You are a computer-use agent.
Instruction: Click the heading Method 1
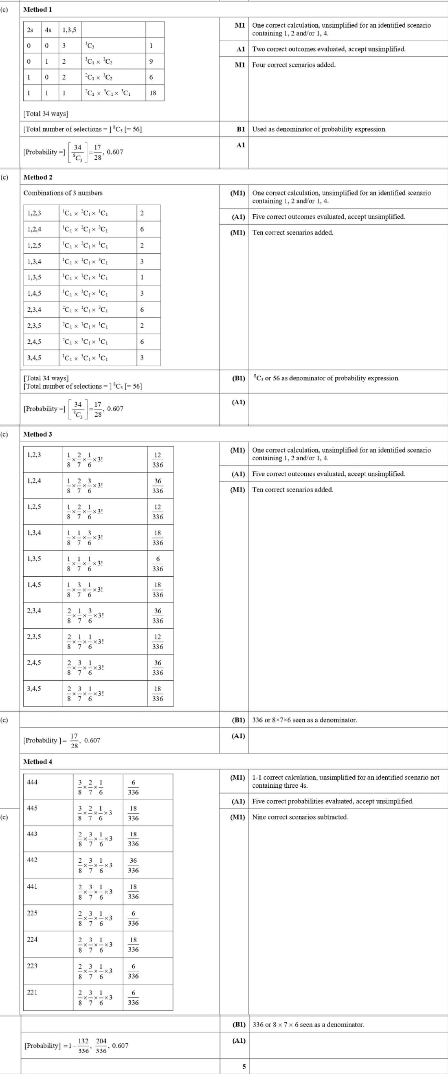37,9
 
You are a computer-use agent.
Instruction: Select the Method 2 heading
37,177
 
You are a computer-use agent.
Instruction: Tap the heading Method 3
37,434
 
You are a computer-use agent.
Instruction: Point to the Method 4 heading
37,761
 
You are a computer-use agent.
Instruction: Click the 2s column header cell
30,30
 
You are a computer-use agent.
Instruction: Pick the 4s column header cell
48,30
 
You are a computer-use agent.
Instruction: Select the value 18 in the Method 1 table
153,93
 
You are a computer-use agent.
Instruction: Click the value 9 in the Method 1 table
151,61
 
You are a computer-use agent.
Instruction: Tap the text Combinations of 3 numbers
62,193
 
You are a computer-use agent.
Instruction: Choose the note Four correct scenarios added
293,65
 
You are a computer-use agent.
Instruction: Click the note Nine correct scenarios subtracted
300,817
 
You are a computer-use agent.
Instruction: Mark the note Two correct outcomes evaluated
328,49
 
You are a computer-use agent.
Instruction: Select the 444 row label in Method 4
32,782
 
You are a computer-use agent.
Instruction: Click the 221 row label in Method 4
32,992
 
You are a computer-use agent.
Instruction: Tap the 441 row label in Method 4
32,886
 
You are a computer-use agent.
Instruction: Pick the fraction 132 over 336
83,1045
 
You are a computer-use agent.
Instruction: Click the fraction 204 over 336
101,1045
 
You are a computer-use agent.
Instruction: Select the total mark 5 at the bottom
244,1066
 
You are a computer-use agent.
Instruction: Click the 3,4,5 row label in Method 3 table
34,688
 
